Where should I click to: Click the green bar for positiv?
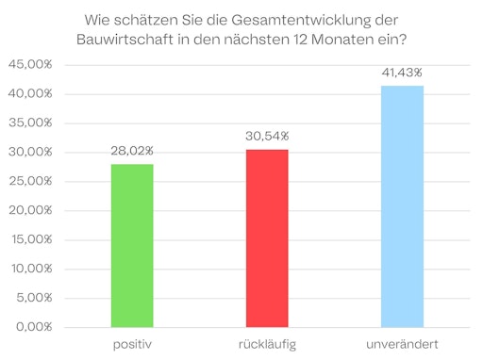pyautogui.click(x=131, y=245)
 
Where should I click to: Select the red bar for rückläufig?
pyautogui.click(x=267, y=238)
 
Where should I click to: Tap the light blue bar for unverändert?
pyautogui.click(x=402, y=206)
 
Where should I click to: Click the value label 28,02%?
pyautogui.click(x=131, y=152)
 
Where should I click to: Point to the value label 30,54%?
pyautogui.click(x=267, y=137)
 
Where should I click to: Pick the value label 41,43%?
pyautogui.click(x=402, y=73)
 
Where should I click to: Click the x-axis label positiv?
pyautogui.click(x=131, y=343)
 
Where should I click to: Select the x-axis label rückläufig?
pyautogui.click(x=267, y=343)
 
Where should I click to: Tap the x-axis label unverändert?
pyautogui.click(x=402, y=343)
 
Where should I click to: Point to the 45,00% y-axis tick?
pyautogui.click(x=30, y=65)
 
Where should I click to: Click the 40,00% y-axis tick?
pyautogui.click(x=30, y=94)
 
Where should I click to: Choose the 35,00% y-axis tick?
pyautogui.click(x=30, y=123)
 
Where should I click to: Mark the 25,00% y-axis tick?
pyautogui.click(x=30, y=182)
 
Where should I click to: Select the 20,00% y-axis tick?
pyautogui.click(x=30, y=211)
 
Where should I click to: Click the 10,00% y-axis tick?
pyautogui.click(x=30, y=269)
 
